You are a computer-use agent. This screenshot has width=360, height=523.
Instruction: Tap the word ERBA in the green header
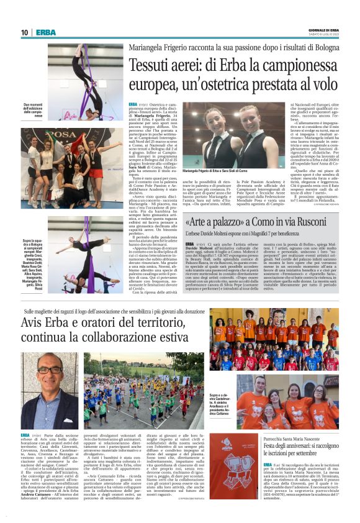[x=46, y=32]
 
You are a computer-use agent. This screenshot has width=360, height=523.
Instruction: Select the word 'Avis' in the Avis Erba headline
[x=34, y=324]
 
